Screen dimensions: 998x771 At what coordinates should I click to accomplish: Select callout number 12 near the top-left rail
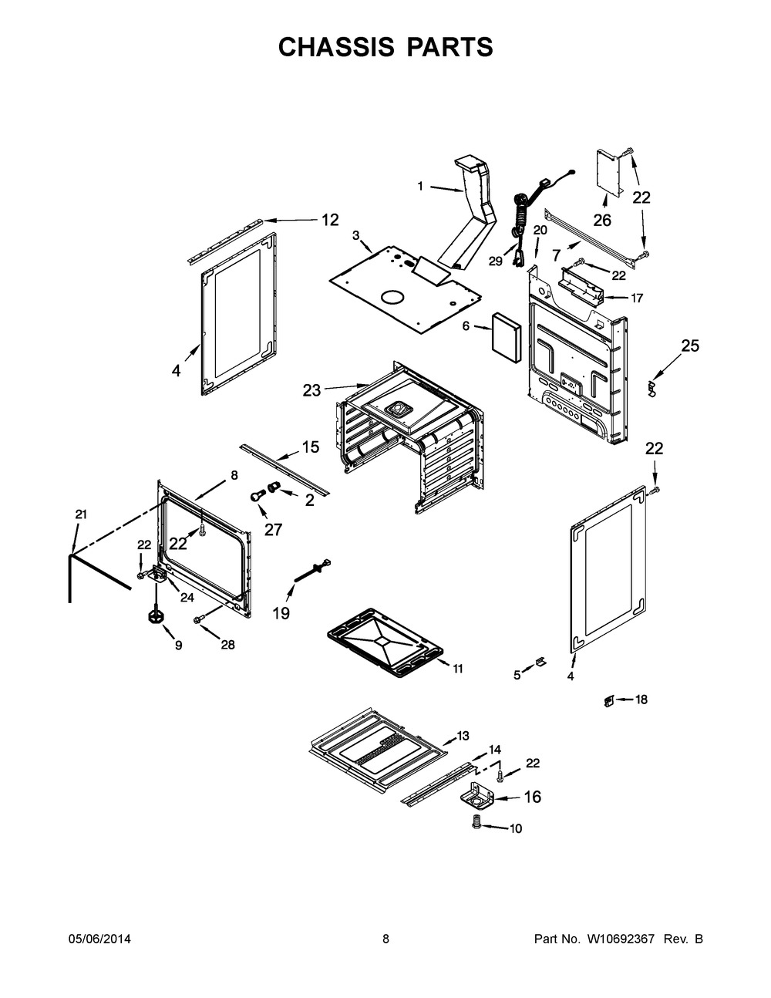tap(329, 220)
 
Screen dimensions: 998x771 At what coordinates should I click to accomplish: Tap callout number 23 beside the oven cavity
tap(311, 390)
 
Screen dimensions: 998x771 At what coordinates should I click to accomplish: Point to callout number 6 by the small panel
tap(466, 326)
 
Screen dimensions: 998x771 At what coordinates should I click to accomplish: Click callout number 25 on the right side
tap(690, 346)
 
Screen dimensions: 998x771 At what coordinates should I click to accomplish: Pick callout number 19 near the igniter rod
tap(281, 613)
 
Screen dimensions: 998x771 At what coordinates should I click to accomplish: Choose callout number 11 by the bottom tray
tap(458, 669)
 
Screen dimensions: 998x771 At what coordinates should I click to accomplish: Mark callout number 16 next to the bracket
tap(532, 797)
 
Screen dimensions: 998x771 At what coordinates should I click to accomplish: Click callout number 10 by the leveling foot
tap(516, 828)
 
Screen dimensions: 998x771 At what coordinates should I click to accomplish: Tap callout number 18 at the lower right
tap(641, 700)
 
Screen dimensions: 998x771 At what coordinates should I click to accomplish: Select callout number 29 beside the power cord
tap(495, 261)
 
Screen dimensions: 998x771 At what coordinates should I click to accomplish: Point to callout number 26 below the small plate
tap(602, 221)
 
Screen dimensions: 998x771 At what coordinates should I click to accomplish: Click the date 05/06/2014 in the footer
tap(99, 939)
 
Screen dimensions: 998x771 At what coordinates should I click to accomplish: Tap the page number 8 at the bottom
tap(385, 939)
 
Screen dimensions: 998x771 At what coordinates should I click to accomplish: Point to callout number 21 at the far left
tap(81, 514)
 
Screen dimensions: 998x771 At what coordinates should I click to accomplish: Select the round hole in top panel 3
tap(393, 296)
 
